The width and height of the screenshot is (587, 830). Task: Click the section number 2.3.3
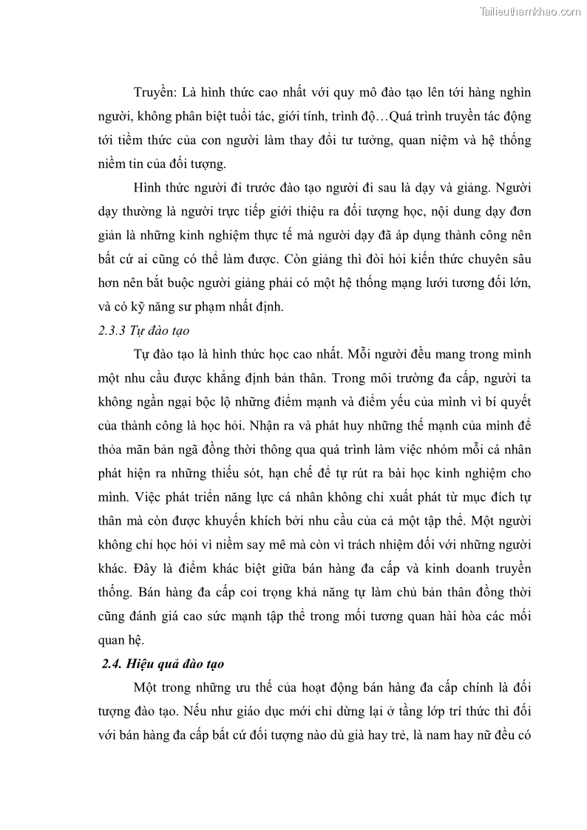coord(114,330)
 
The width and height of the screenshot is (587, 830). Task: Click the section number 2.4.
coord(112,664)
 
